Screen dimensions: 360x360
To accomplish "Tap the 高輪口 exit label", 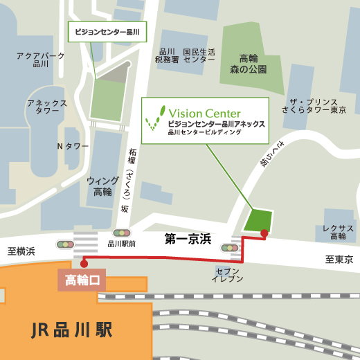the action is click(x=82, y=280).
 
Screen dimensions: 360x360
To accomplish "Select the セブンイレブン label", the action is click(x=228, y=274).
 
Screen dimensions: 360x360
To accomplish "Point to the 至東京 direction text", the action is click(x=339, y=260).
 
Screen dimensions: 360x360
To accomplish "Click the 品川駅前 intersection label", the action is click(x=122, y=244).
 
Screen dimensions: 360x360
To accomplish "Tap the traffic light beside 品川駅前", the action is click(x=122, y=233).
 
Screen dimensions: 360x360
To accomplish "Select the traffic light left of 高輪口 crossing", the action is click(x=65, y=244).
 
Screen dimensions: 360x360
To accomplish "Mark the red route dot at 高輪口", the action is click(x=84, y=263).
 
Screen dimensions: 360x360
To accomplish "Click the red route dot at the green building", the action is click(x=264, y=233).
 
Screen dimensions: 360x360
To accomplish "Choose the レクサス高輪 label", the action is click(x=338, y=232).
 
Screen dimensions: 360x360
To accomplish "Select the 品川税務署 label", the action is click(x=167, y=56).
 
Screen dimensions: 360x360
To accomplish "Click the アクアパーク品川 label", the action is click(x=41, y=60).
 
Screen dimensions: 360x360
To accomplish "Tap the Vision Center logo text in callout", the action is click(x=204, y=113).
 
